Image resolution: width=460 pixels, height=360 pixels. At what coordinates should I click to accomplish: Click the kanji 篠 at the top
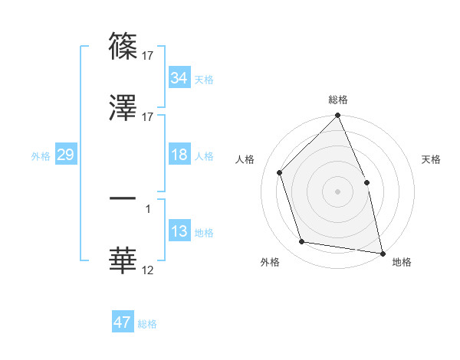point(123,46)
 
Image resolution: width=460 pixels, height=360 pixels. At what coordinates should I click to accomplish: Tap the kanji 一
point(123,199)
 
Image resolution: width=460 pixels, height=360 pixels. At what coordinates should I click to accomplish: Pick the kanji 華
point(123,260)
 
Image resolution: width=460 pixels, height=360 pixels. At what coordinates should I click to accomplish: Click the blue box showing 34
point(179,77)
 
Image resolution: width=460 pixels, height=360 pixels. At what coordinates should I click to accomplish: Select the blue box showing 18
point(179,155)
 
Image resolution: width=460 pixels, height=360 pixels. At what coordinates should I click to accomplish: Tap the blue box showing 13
point(179,231)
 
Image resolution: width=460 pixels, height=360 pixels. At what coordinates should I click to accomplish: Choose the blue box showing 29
point(65,155)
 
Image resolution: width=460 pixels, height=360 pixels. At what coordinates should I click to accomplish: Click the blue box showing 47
point(123,322)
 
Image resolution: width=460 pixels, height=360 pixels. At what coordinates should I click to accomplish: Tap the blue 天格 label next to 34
point(204,79)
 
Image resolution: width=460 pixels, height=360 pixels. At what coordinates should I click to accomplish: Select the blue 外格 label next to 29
point(41,155)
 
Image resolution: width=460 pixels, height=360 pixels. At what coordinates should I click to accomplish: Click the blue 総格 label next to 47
point(148,323)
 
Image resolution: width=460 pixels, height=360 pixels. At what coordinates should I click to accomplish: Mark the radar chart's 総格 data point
point(337,116)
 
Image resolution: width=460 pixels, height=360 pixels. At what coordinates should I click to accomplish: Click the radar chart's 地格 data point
point(383,253)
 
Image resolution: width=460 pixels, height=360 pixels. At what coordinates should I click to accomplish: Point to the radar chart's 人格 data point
point(280,172)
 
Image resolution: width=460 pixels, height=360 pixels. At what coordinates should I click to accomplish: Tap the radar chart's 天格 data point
point(366,182)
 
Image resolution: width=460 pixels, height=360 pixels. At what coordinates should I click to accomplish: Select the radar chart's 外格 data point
point(302,242)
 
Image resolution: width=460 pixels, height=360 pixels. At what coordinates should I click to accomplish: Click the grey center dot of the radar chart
point(337,191)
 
